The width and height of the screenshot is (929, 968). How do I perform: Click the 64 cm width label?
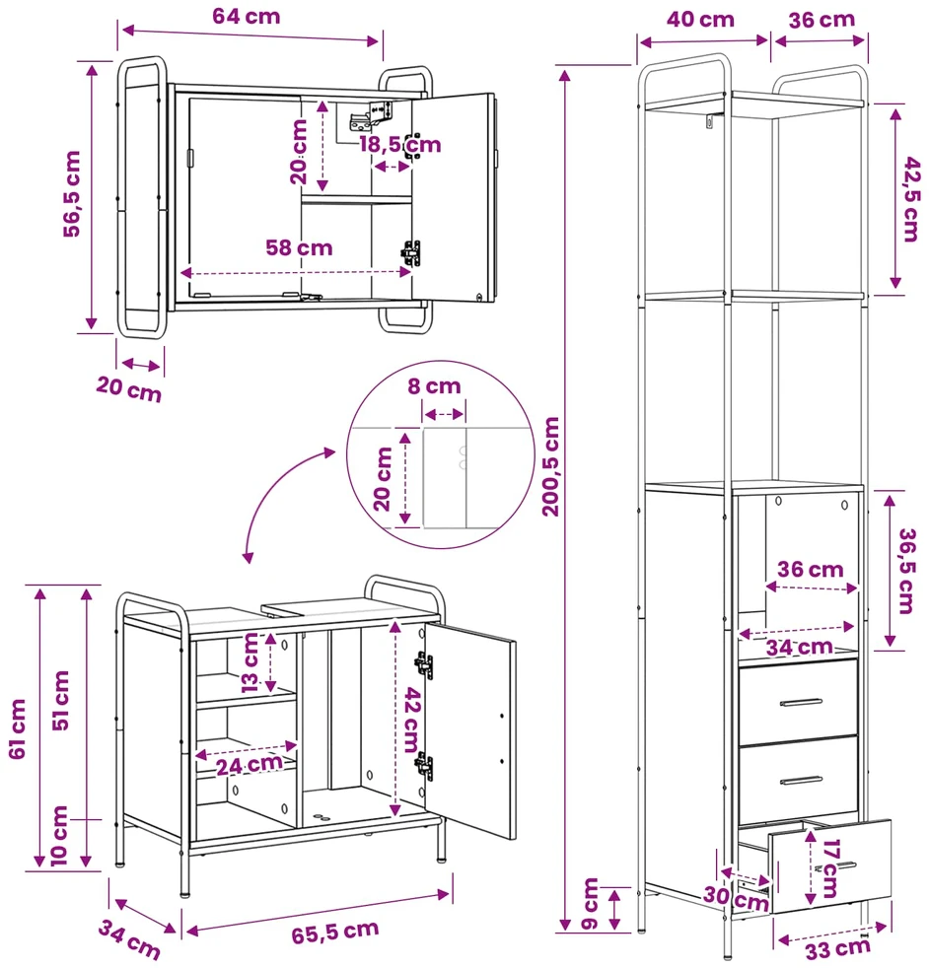point(246,16)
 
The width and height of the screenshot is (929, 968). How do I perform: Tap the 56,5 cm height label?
point(72,194)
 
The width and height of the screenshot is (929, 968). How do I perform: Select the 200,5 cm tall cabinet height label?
point(550,466)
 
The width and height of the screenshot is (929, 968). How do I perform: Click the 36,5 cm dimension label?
point(906,571)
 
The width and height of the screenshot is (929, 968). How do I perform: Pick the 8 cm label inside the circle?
point(434,386)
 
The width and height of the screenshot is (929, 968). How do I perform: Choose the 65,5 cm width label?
point(335,933)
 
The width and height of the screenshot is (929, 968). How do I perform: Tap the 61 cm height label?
point(18,729)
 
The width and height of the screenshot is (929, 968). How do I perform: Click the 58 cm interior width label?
point(299,247)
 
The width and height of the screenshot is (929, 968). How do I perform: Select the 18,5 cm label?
point(400,145)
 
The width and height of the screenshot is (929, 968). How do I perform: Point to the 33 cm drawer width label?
point(837,949)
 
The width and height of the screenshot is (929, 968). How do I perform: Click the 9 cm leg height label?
point(590,904)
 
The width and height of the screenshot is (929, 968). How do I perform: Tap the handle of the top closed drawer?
point(801,703)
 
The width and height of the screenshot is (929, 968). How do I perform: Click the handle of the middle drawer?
point(801,781)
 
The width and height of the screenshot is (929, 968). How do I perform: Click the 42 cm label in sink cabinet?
point(412,720)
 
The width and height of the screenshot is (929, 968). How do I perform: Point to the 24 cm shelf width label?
point(249,765)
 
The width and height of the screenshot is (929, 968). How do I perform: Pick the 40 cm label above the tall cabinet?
point(700,19)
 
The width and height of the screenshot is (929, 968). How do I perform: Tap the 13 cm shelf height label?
point(250,662)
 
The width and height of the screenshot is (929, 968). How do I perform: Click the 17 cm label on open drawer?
point(831,868)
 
